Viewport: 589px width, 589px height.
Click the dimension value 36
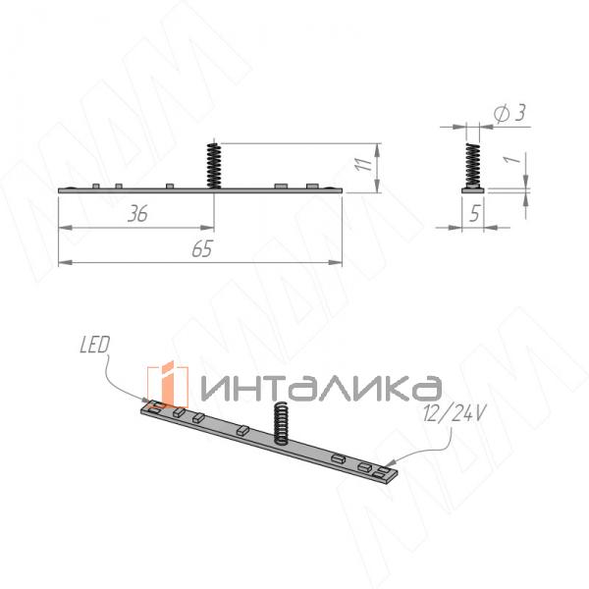tap(137, 214)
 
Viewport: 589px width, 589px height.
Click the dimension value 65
tap(202, 248)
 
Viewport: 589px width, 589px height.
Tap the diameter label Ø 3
tap(510, 113)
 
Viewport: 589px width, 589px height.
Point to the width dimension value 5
tap(475, 213)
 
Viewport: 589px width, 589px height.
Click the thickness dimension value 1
tap(512, 159)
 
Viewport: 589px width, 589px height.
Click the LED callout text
tap(94, 345)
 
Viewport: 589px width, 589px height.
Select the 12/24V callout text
tap(455, 413)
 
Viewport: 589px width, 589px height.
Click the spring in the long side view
tap(214, 165)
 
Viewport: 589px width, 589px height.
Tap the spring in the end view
tap(472, 165)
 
